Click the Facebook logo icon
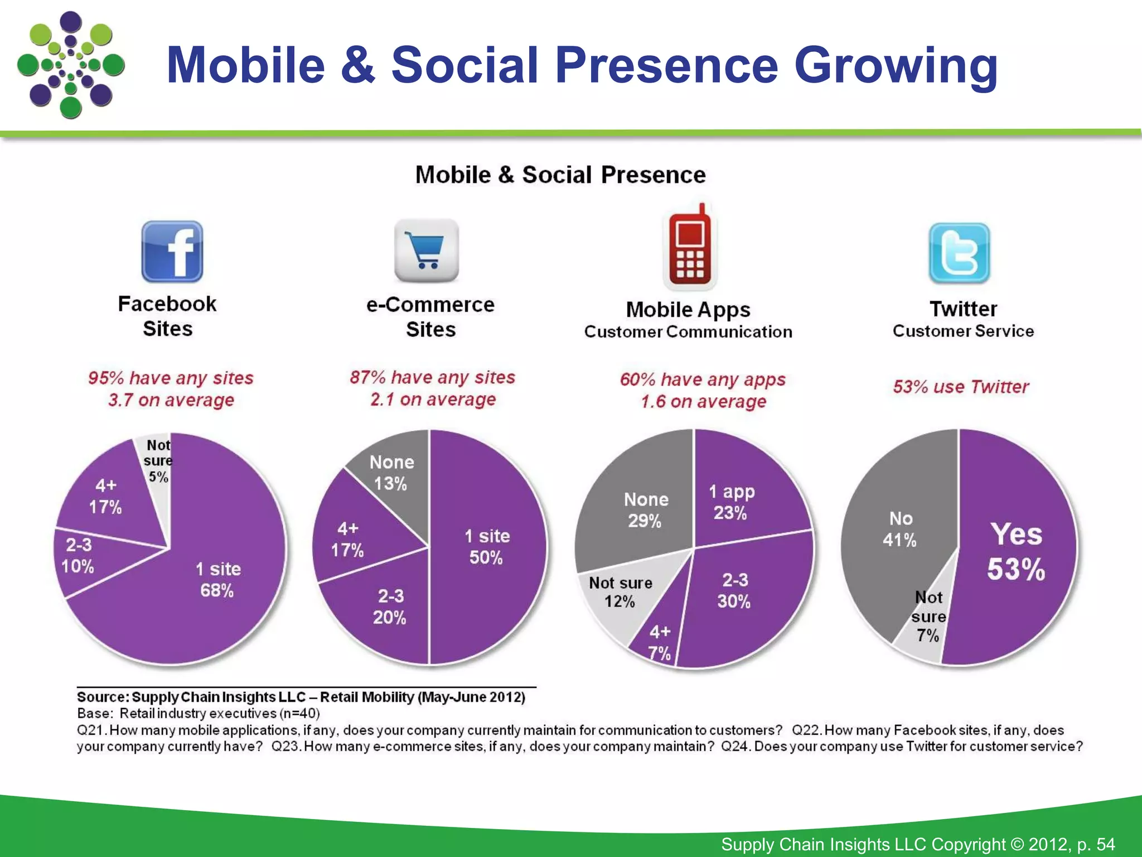[172, 252]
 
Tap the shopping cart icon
[427, 251]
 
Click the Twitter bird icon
[959, 253]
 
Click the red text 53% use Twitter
[961, 387]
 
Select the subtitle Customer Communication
[688, 332]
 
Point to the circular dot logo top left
[70, 65]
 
